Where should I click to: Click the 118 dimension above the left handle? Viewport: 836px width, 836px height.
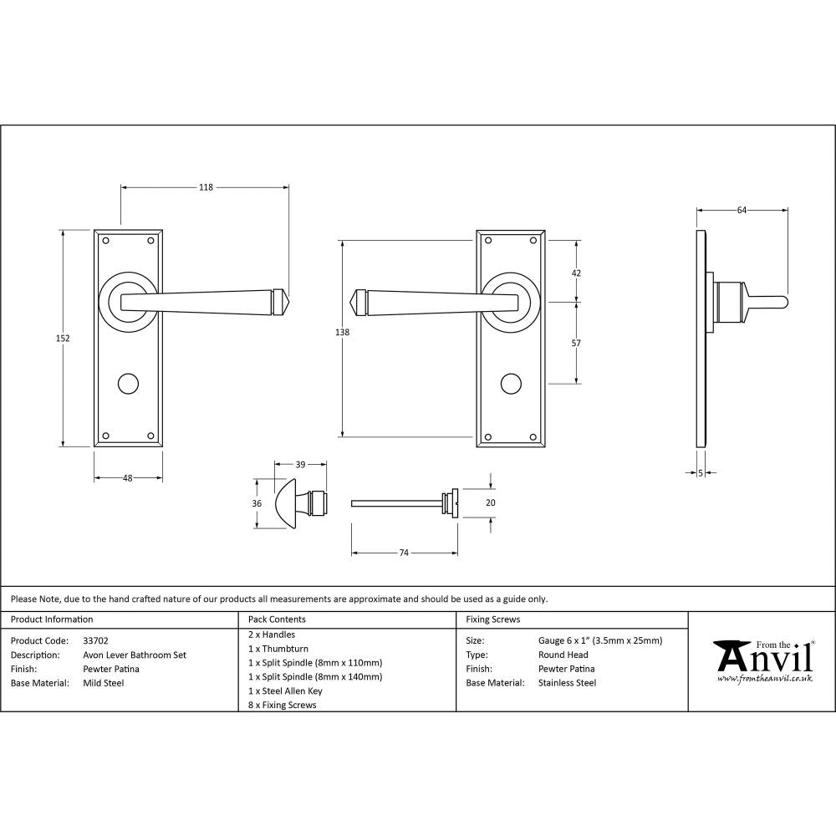206,187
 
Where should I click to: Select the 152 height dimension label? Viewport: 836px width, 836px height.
64,339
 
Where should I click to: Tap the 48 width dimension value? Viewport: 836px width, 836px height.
128,478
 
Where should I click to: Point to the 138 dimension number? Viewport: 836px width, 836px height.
341,332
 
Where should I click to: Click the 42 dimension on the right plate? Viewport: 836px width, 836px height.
576,273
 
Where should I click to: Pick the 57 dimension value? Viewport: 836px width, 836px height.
576,344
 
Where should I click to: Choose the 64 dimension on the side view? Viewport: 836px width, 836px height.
742,211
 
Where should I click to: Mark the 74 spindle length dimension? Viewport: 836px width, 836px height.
404,553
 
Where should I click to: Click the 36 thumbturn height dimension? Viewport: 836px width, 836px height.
257,503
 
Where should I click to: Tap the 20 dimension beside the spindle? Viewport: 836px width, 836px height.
491,502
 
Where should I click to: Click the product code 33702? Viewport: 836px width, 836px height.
96,640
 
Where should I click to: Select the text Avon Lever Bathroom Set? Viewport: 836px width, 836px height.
135,655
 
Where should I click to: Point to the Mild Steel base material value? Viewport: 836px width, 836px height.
104,683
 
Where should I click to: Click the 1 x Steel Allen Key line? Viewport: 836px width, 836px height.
285,691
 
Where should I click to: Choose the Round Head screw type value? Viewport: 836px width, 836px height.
563,655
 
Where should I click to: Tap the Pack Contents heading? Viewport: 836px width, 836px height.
277,619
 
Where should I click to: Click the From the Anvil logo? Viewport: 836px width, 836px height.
762,661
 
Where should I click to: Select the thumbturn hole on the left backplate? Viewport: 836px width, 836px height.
128,384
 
